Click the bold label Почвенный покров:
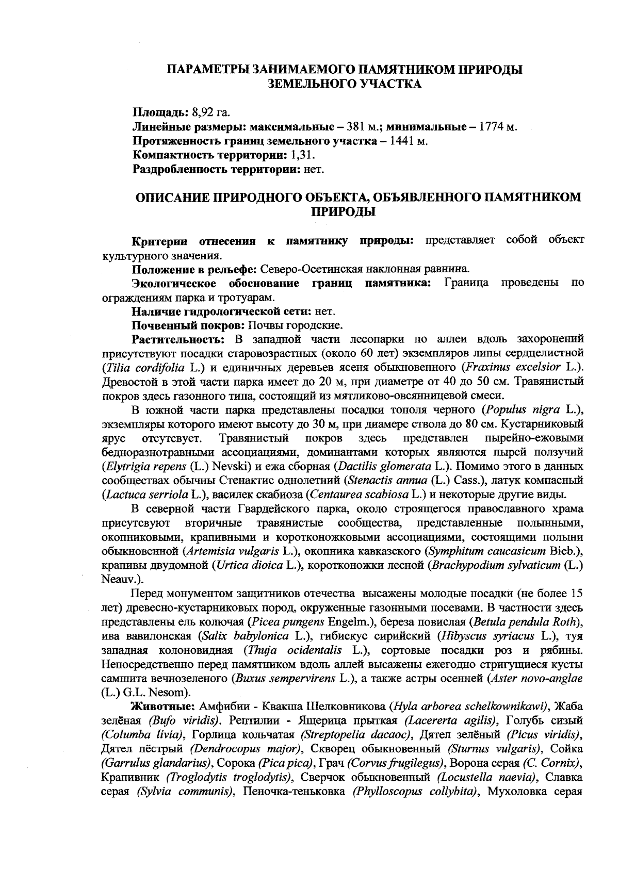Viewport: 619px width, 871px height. tap(189, 325)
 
